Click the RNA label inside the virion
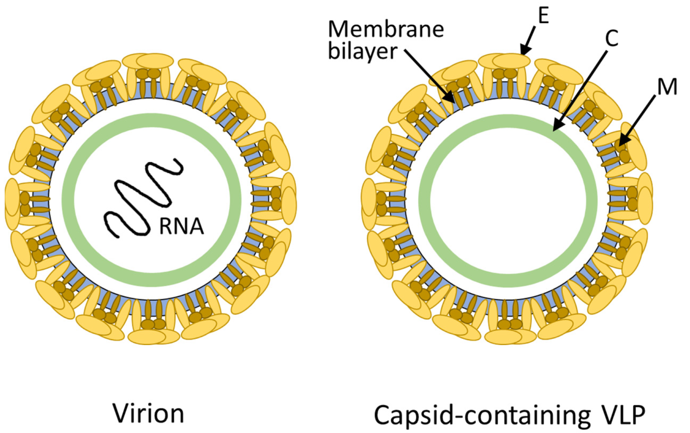pos(181,226)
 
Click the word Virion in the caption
pos(148,413)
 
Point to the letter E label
pos(543,16)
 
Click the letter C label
pos(611,39)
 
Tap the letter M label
pos(667,87)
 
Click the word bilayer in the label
pos(362,52)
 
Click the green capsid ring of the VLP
pos(508,121)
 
